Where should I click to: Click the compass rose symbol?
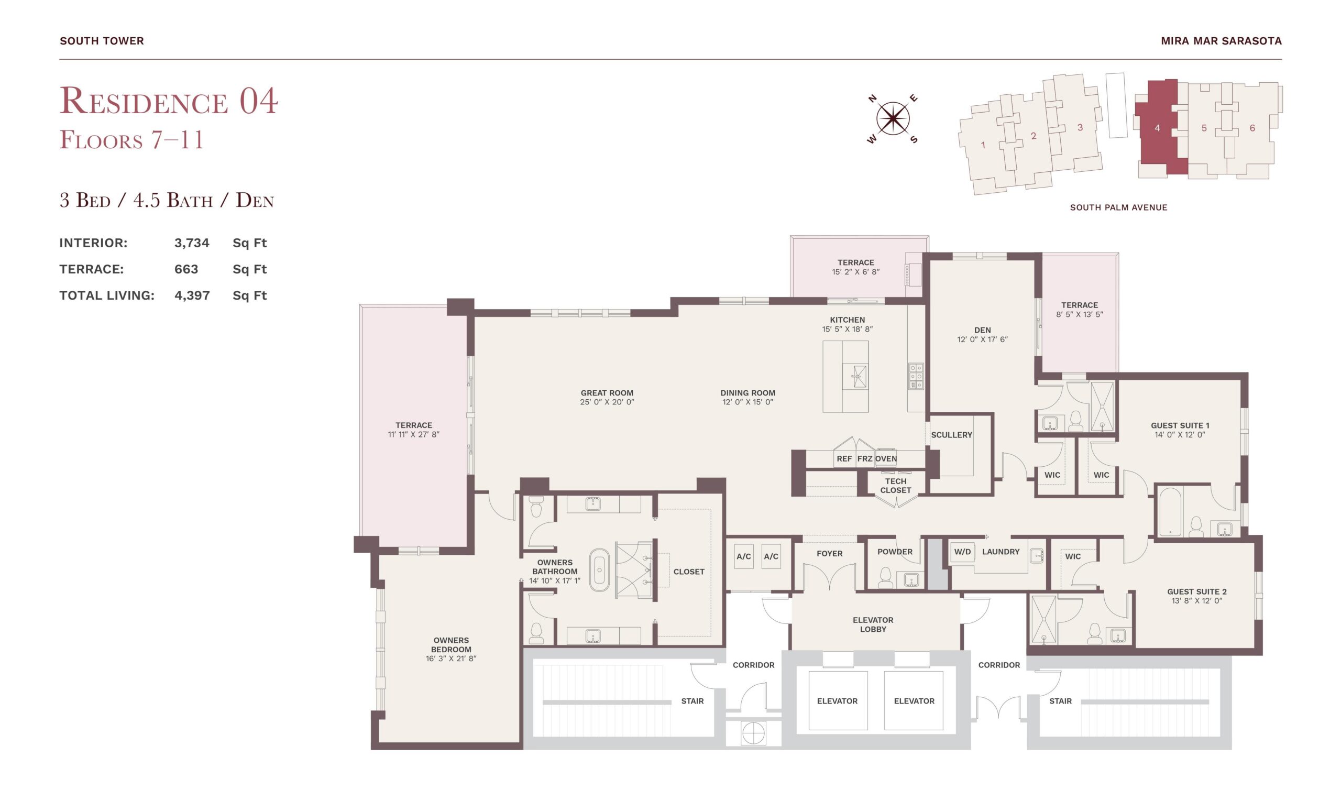[x=893, y=118]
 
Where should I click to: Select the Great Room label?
[x=607, y=393]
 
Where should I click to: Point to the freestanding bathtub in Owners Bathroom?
[x=599, y=569]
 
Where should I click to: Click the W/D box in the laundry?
[x=962, y=552]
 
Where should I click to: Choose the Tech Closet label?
[x=896, y=486]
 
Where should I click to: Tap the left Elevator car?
[x=838, y=700]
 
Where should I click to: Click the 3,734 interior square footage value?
[x=192, y=243]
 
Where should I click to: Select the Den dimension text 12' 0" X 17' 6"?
[x=982, y=339]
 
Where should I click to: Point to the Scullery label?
[x=951, y=435]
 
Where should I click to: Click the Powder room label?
[x=895, y=552]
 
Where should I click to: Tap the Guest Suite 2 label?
[x=1197, y=591]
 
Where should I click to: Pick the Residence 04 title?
[x=169, y=101]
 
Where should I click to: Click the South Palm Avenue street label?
[x=1118, y=207]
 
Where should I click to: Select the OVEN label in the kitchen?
[x=886, y=459]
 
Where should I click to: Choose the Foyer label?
[x=830, y=554]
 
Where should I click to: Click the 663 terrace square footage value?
[x=186, y=269]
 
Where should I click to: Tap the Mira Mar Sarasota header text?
[x=1221, y=41]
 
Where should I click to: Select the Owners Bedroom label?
[x=450, y=645]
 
